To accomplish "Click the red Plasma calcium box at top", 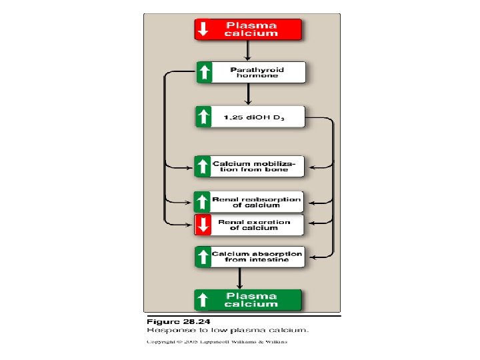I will point(248,29).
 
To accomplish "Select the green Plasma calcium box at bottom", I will point(248,300).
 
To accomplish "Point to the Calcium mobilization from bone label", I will point(258,166).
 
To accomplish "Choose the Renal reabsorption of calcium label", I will point(257,202).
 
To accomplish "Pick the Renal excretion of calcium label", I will point(257,225).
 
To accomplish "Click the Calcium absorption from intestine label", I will point(257,257).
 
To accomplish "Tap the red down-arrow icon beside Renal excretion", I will point(203,225).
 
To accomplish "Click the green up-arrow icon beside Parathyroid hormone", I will point(205,72).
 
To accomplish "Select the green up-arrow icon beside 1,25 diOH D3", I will point(204,118).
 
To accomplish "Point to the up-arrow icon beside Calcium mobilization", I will point(203,166).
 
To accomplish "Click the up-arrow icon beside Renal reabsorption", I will point(203,202).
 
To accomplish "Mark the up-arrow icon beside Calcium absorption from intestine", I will point(203,257).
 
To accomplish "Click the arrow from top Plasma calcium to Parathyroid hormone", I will point(248,51).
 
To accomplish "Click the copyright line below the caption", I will point(217,342).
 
